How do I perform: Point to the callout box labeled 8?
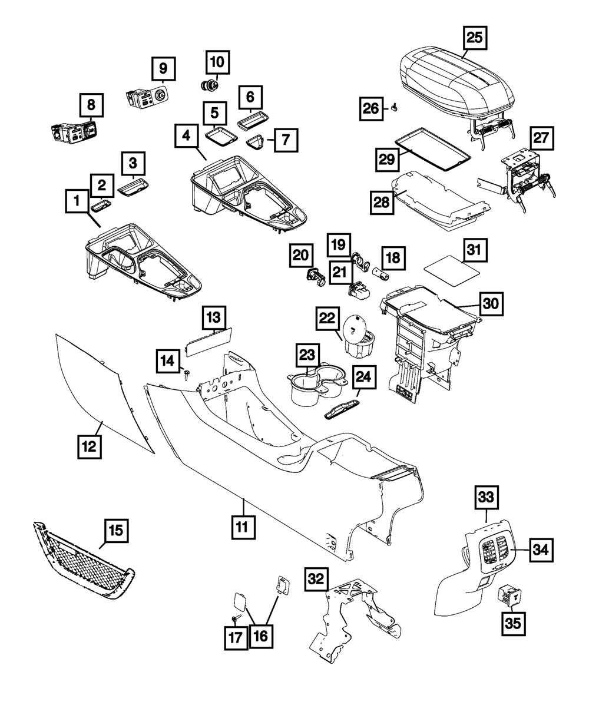pyautogui.click(x=91, y=106)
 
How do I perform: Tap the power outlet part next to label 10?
pyautogui.click(x=209, y=86)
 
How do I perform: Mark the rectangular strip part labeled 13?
pyautogui.click(x=209, y=341)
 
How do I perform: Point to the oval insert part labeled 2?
pyautogui.click(x=101, y=205)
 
